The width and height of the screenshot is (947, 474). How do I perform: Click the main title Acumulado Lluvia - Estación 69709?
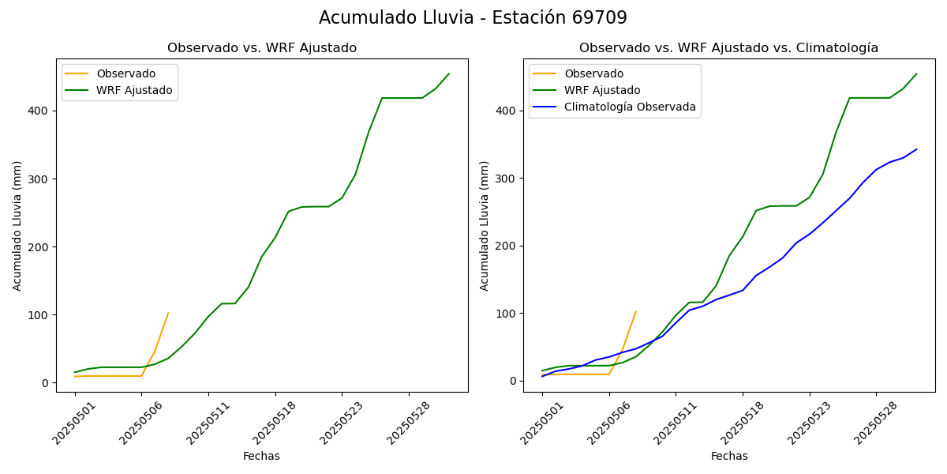pos(473,17)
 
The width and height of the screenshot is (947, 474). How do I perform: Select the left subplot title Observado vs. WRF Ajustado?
pos(262,48)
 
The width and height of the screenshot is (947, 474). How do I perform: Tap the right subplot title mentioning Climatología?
pos(728,48)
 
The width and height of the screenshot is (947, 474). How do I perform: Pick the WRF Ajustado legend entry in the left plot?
pos(134,90)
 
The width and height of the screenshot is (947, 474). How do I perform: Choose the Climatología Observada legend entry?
pos(630,107)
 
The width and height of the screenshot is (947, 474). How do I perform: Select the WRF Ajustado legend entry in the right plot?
pos(602,90)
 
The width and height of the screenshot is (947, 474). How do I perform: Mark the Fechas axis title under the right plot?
pos(729,456)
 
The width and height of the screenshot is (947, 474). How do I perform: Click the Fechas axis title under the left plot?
pos(261,456)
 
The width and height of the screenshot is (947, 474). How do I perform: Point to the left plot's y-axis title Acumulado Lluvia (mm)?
pos(17,225)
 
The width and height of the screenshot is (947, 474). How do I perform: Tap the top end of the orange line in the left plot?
pos(168,313)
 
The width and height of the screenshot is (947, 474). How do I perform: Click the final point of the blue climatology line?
pos(916,149)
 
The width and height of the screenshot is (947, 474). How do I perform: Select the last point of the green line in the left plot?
pos(449,73)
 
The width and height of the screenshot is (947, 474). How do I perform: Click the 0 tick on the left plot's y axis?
pos(46,383)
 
